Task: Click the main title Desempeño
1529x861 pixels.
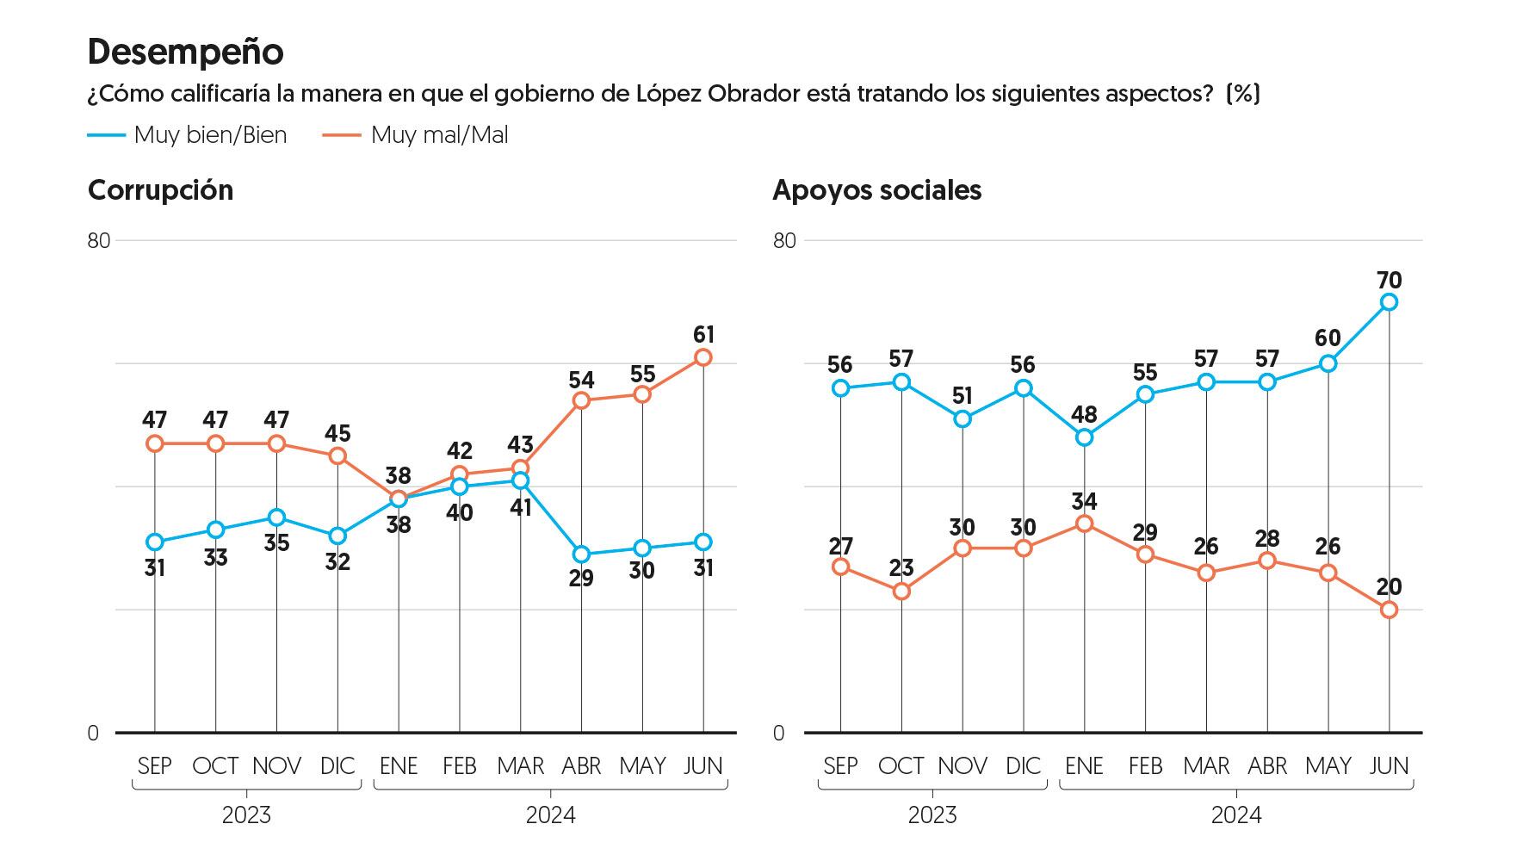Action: coord(185,53)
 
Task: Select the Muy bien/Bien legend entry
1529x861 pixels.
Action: coord(187,135)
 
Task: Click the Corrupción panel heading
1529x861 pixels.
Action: coord(160,190)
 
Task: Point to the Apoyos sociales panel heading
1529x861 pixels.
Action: coord(876,190)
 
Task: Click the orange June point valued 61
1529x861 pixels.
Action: coord(703,357)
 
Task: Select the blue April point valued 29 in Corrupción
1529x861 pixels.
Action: coord(581,554)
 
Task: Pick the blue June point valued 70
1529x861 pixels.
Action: coord(1389,302)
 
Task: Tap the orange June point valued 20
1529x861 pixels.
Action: coord(1389,610)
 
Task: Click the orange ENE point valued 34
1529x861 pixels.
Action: coord(1084,523)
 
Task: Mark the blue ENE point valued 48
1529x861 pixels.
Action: coord(1084,437)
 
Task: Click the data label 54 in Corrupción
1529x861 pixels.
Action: coord(581,380)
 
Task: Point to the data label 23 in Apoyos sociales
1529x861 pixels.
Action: coord(901,568)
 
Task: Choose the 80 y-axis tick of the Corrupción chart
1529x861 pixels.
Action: coord(99,240)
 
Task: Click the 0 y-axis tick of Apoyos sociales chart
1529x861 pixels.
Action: coord(779,734)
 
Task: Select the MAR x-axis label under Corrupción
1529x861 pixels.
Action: coord(520,765)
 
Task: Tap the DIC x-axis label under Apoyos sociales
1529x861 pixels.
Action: coord(1023,765)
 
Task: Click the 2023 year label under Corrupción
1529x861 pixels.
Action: coord(246,815)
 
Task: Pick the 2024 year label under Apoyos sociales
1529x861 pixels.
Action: coord(1236,815)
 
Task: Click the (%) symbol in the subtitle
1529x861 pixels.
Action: coord(1242,93)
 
